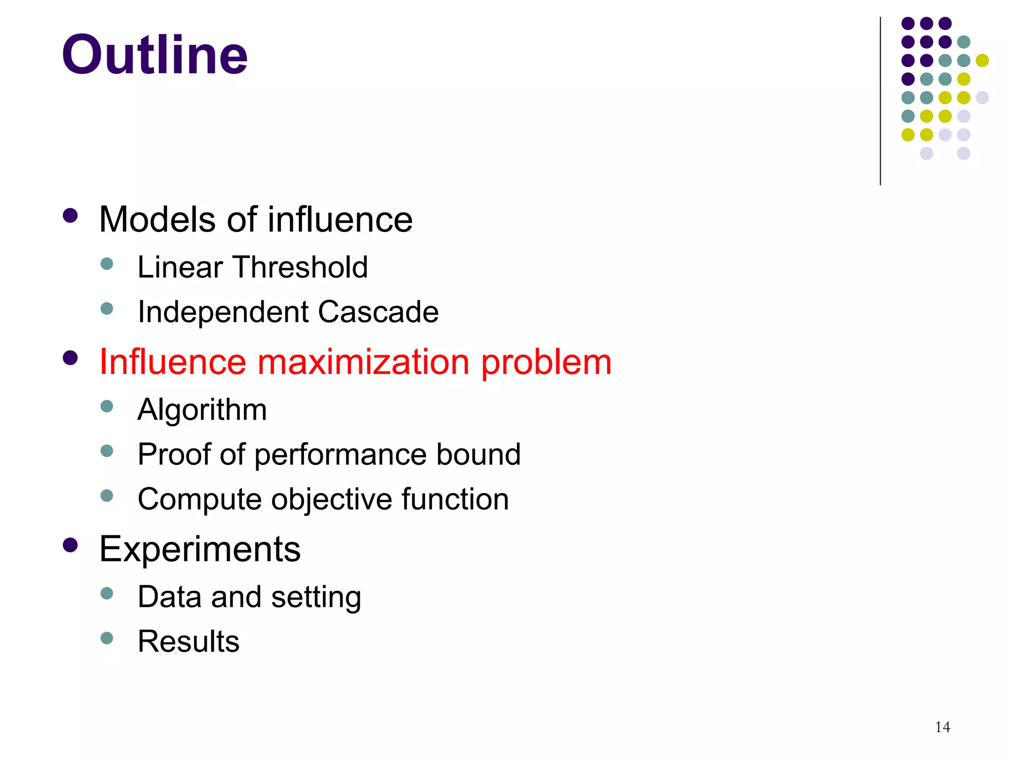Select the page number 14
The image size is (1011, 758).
942,727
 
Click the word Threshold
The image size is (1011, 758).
301,267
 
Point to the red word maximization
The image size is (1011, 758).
363,362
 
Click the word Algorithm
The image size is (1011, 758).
202,410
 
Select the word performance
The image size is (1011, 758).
340,454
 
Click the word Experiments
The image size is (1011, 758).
200,549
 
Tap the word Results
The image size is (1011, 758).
189,642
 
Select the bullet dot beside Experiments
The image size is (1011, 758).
71,545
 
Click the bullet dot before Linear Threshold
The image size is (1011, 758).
107,264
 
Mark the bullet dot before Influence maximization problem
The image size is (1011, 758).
71,358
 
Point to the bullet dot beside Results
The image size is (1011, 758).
107,638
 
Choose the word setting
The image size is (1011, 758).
316,597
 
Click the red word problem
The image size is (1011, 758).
546,362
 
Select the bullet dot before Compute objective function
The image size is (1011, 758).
107,495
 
